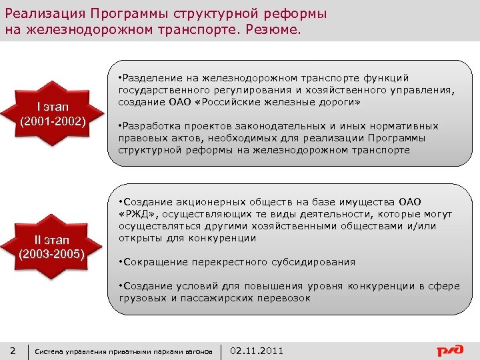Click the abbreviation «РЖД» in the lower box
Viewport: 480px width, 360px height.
tap(136, 214)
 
